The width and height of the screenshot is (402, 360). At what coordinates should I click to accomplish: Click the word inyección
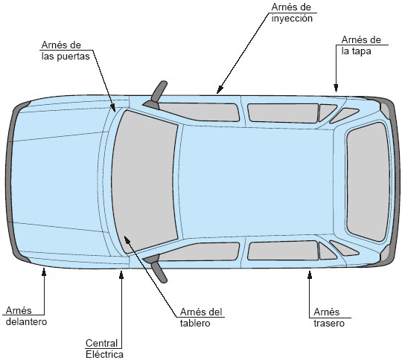tap(292, 19)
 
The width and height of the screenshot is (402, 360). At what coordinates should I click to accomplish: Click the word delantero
tap(26, 321)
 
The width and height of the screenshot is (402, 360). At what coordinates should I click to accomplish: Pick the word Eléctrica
tap(104, 354)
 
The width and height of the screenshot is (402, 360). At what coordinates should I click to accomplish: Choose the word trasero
tap(329, 323)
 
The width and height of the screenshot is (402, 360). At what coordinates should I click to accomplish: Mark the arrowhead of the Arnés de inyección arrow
tap(220, 90)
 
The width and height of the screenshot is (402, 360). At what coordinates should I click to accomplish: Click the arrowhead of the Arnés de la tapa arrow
tap(336, 88)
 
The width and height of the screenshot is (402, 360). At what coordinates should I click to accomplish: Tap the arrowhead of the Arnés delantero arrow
tap(44, 271)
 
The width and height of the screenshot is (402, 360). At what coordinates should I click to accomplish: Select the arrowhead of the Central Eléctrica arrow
tap(121, 274)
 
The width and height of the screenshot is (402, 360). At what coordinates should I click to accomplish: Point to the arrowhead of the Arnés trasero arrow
tap(310, 274)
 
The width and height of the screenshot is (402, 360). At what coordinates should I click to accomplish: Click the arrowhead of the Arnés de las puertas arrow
tap(113, 108)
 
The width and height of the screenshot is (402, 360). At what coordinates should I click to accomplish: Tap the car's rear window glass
tap(368, 182)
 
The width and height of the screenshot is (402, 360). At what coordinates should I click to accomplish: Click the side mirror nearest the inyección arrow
tap(156, 94)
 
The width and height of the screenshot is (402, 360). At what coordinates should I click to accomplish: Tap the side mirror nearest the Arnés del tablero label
tap(156, 268)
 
